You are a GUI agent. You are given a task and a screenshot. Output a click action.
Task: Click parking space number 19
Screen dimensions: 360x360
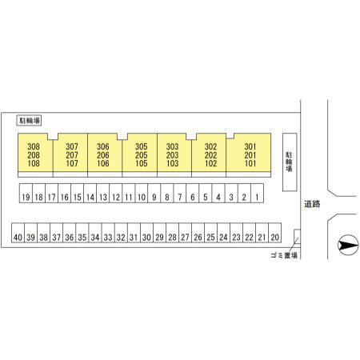(x=26, y=194)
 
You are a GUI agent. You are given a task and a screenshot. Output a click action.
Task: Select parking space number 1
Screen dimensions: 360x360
(x=257, y=194)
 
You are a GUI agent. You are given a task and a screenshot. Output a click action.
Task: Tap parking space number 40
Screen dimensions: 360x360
(x=18, y=233)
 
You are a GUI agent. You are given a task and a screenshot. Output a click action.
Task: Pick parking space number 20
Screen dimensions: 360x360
(x=274, y=233)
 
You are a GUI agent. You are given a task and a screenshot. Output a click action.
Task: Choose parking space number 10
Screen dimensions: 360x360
(x=142, y=194)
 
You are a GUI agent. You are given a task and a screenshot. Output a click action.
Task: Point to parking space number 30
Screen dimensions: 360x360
(x=146, y=233)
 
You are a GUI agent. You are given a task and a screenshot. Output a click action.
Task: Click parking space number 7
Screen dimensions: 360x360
(x=180, y=194)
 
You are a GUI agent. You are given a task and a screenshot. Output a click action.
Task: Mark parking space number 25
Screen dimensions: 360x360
(x=210, y=233)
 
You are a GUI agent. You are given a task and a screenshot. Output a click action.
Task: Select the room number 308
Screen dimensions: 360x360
(x=34, y=146)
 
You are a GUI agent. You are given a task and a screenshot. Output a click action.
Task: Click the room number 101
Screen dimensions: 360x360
(x=250, y=163)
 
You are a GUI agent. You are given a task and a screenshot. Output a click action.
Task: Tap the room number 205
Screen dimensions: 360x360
(x=142, y=155)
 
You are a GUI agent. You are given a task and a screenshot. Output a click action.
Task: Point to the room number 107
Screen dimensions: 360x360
(x=72, y=163)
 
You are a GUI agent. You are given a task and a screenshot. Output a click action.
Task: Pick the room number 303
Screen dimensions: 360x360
(x=173, y=146)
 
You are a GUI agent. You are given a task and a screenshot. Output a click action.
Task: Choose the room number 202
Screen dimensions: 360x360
(x=210, y=155)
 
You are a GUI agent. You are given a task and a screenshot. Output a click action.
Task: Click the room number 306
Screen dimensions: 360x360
(x=103, y=146)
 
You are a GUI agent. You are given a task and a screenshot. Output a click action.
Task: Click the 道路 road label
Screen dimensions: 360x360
(x=312, y=204)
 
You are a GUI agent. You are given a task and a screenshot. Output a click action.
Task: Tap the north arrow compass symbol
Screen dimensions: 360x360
(x=348, y=245)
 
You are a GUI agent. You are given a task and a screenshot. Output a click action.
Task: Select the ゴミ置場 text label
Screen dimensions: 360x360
(x=284, y=255)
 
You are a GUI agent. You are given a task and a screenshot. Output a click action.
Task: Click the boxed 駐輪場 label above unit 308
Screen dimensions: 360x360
(x=29, y=121)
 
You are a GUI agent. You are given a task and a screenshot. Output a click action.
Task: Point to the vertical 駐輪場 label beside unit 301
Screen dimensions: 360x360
(x=289, y=162)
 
